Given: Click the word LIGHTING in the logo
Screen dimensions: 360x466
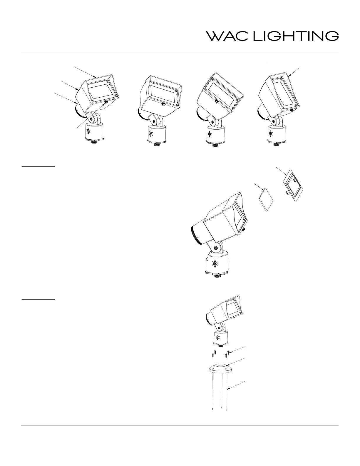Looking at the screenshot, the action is click(x=296, y=36).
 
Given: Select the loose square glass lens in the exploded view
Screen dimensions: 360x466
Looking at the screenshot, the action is click(x=266, y=200).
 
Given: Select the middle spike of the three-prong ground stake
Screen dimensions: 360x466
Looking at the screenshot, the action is click(x=221, y=391).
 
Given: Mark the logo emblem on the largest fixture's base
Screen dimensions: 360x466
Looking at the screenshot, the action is click(x=215, y=263).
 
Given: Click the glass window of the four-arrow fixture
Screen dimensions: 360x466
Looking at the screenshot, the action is click(x=101, y=91).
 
